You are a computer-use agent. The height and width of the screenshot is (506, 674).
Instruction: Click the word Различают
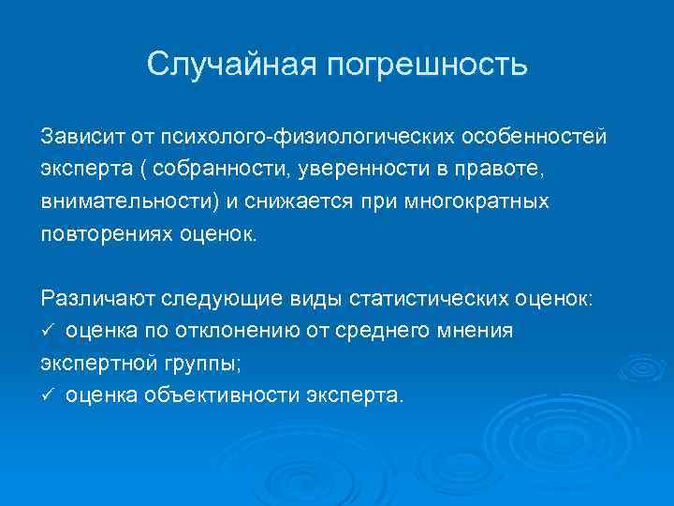click(97, 298)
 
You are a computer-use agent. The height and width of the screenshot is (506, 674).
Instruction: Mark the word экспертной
click(94, 362)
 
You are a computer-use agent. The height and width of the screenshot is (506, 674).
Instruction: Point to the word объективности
click(222, 394)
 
